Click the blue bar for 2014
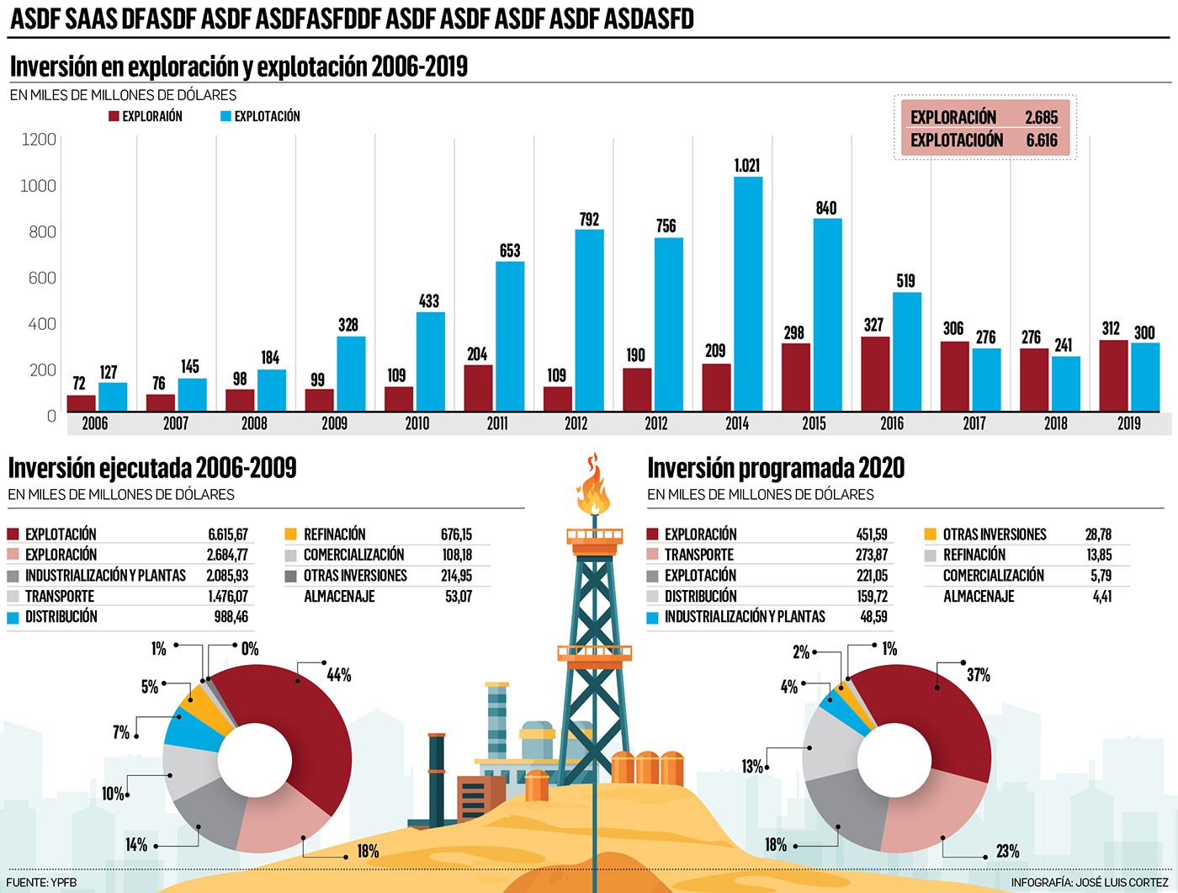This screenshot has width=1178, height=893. pyautogui.click(x=748, y=294)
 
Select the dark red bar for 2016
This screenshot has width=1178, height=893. pyautogui.click(x=875, y=374)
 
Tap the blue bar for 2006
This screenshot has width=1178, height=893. pyautogui.click(x=113, y=396)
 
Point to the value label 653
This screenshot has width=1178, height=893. pyautogui.click(x=510, y=251)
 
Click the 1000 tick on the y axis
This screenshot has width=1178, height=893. pyautogui.click(x=38, y=185)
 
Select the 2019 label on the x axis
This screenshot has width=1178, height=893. pyautogui.click(x=1129, y=423)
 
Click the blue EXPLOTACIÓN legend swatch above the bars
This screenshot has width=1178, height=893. pyautogui.click(x=226, y=116)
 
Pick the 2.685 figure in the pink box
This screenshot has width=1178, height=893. pyautogui.click(x=1041, y=118)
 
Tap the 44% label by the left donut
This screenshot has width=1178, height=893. pyautogui.click(x=339, y=675)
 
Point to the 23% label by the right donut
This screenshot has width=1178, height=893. pyautogui.click(x=1007, y=851)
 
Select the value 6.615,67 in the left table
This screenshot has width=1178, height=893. pyautogui.click(x=228, y=534)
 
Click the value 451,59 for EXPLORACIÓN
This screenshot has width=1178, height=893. pyautogui.click(x=871, y=534)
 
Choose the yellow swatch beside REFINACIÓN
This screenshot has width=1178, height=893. pyautogui.click(x=290, y=534)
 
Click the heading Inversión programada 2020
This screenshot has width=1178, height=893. pyautogui.click(x=775, y=468)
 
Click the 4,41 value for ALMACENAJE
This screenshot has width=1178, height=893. pyautogui.click(x=1101, y=597)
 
